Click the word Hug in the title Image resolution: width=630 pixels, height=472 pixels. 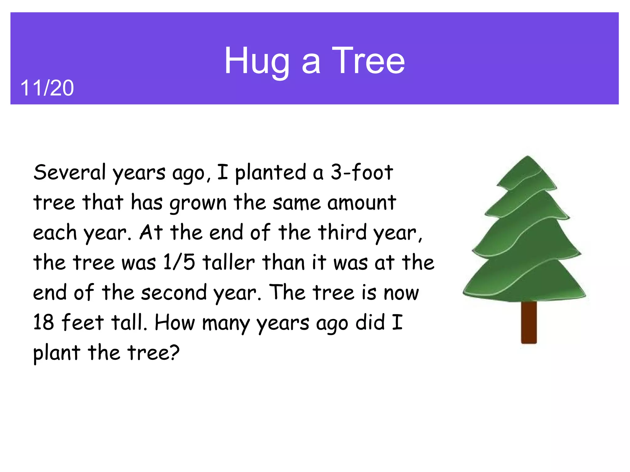coord(257,61)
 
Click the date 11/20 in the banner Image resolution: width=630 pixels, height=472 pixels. coord(47,88)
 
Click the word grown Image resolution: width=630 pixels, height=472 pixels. coord(198,203)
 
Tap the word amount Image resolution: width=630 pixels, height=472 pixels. coord(361,203)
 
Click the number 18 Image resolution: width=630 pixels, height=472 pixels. coord(43,322)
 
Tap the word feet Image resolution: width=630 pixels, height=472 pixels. coord(82,322)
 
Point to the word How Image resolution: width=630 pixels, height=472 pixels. coord(174,322)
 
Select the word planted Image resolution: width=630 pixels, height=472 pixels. coord(271,173)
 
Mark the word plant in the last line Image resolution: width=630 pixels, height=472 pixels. coord(57,353)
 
